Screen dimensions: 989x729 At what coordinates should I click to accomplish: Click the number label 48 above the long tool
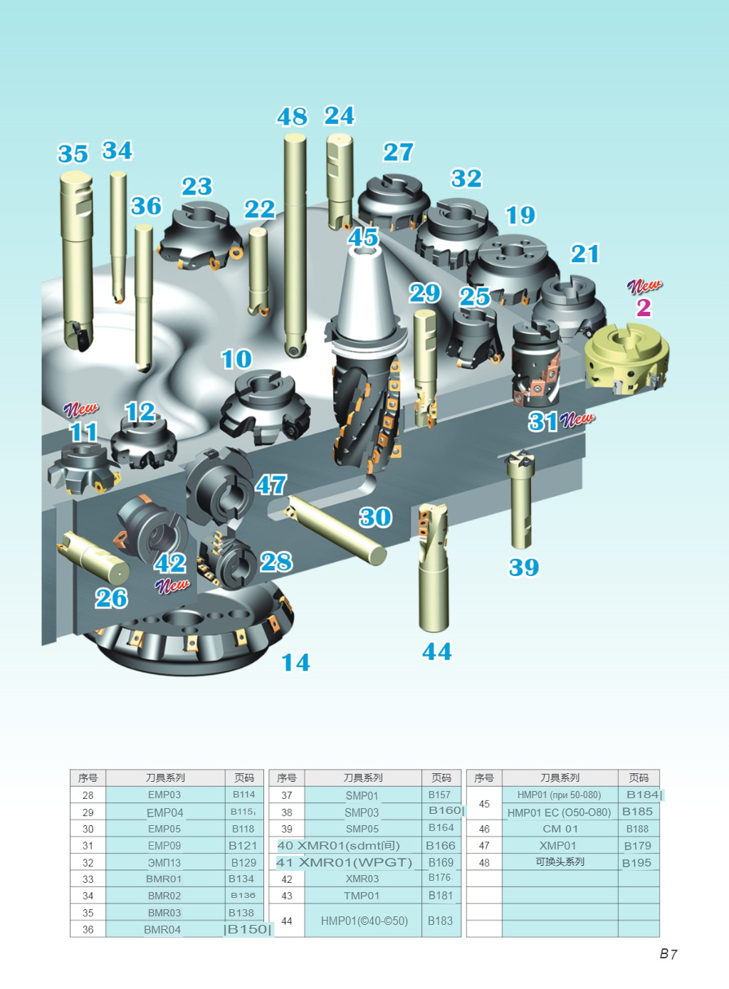[292, 117]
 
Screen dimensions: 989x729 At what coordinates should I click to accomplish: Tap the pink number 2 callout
[644, 308]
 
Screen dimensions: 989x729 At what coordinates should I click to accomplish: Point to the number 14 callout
[295, 663]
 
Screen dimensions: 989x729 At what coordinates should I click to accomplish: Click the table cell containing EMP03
[164, 795]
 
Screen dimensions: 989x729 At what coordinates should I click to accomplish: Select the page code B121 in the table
[243, 845]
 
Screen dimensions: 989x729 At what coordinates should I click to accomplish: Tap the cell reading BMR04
[162, 929]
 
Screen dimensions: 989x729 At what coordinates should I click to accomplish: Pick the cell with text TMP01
[362, 896]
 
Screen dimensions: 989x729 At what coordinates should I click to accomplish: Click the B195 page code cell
[636, 862]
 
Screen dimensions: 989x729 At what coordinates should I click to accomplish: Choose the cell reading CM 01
[560, 829]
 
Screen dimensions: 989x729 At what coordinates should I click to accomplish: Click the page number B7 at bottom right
[668, 954]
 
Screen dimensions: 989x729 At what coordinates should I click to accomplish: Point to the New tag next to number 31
[577, 419]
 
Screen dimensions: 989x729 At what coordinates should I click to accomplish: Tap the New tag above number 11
[81, 409]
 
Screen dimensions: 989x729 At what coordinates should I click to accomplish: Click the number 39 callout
[524, 567]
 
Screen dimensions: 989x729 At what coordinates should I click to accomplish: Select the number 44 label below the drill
[436, 652]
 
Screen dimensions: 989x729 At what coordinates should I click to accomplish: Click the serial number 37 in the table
[287, 795]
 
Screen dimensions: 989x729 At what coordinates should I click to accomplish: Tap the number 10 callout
[236, 359]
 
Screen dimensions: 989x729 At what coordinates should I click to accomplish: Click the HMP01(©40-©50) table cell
[364, 921]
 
